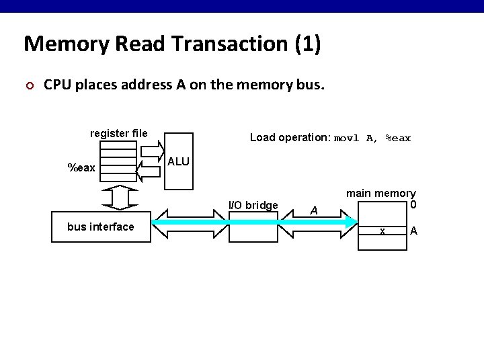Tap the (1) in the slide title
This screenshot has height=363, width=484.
pyautogui.click(x=307, y=44)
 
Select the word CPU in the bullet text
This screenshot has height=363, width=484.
pyautogui.click(x=57, y=85)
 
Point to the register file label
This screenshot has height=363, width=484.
pyautogui.click(x=119, y=133)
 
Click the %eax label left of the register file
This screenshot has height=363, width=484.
pyautogui.click(x=81, y=167)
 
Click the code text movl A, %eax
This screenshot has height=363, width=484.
pyautogui.click(x=372, y=138)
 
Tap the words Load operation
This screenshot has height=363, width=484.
pyautogui.click(x=290, y=137)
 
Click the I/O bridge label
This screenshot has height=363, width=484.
pyautogui.click(x=253, y=204)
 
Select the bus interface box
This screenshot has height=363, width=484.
pyautogui.click(x=102, y=227)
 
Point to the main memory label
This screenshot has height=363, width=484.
pyautogui.click(x=381, y=194)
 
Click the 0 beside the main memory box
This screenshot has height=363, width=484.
pyautogui.click(x=413, y=204)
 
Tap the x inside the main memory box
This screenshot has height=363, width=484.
pyautogui.click(x=382, y=231)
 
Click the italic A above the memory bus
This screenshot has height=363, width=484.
pyautogui.click(x=314, y=210)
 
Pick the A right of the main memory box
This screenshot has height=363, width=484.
pyautogui.click(x=414, y=231)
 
